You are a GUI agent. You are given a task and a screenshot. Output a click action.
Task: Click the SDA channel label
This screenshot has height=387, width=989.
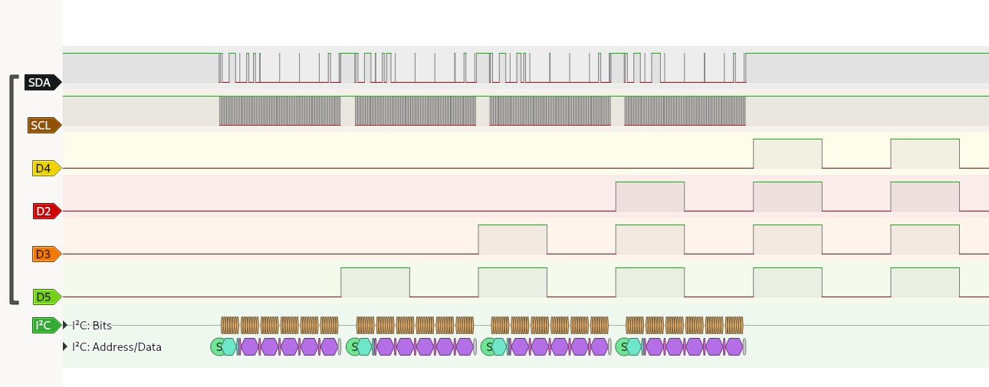coord(41,83)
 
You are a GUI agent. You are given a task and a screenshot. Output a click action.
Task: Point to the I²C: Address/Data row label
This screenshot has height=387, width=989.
coord(117,347)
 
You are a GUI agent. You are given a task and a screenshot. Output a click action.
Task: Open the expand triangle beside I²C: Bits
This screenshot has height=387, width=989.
coord(65,325)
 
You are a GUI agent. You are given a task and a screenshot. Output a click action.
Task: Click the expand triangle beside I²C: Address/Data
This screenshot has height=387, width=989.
coord(65,346)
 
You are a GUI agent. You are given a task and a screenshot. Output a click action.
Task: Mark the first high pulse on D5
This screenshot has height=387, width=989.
coord(375,282)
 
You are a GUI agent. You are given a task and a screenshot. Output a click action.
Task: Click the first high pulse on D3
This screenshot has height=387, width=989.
coord(512,239)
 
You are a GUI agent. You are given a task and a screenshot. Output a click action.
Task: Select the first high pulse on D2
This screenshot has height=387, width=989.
coord(649,196)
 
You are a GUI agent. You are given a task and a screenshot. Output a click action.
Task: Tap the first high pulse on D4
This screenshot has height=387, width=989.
coord(787,153)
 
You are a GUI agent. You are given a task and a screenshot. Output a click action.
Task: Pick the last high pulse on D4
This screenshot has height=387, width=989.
coord(925,153)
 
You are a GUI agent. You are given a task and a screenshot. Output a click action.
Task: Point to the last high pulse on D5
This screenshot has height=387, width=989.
coord(925,282)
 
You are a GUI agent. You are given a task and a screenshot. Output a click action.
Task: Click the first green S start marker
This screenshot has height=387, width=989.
coord(218,347)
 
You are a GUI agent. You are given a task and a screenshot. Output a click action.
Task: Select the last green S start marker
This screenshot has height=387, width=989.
coord(623,347)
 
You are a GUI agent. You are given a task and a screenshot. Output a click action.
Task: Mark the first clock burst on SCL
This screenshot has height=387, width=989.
coord(279,111)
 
